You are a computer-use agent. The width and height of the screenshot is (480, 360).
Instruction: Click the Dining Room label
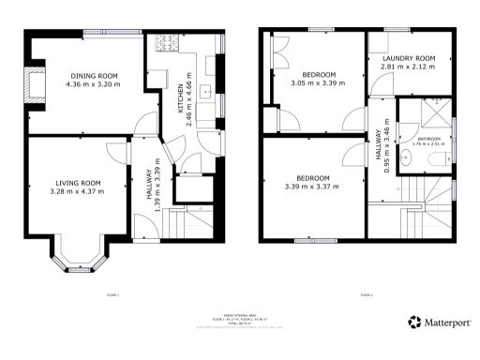[x=90, y=76]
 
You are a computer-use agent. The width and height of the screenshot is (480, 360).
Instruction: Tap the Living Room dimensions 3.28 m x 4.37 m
[x=77, y=192]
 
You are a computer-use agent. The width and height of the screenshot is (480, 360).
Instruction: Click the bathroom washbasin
[x=404, y=158]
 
